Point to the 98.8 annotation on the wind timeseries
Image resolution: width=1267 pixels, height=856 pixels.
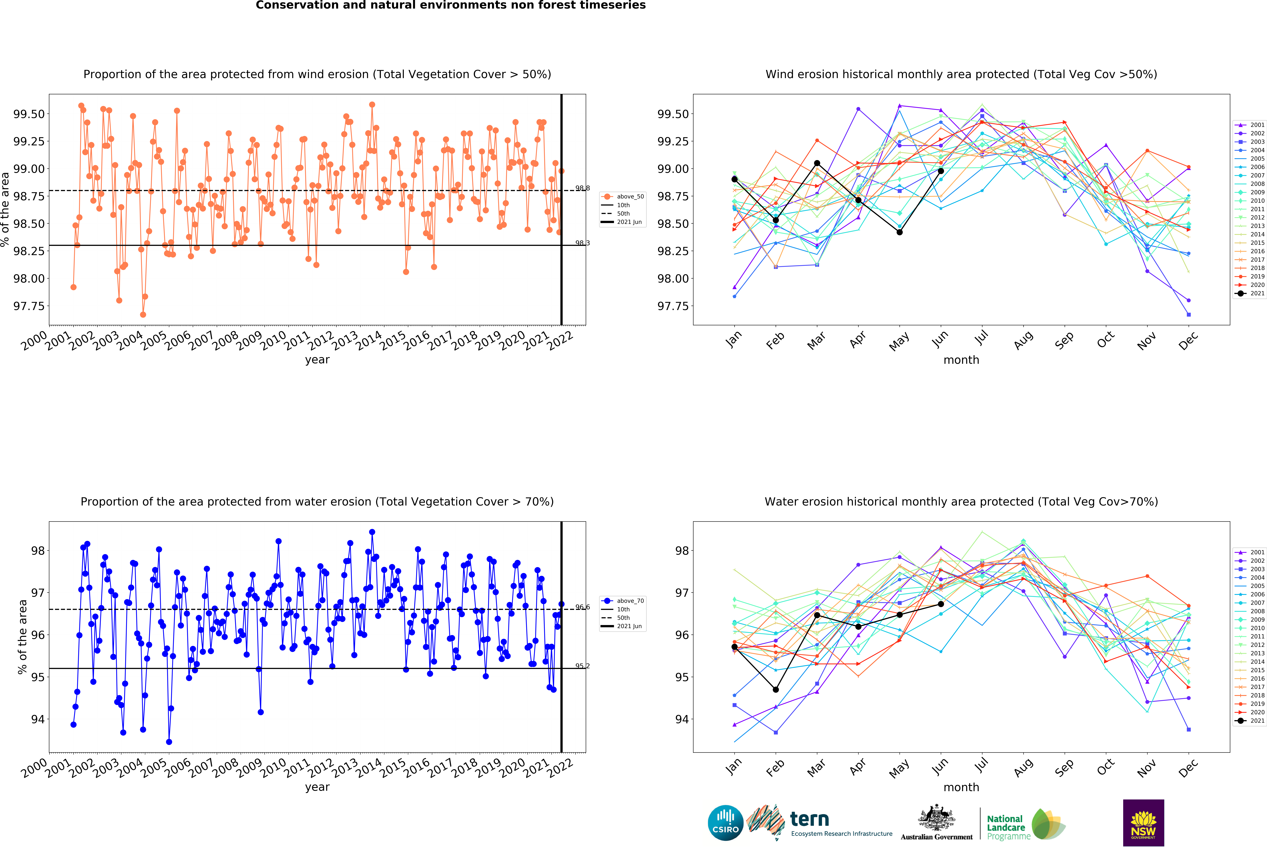582,188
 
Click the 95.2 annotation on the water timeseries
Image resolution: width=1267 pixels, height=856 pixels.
582,666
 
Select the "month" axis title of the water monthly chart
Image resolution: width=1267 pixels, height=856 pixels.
961,787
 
